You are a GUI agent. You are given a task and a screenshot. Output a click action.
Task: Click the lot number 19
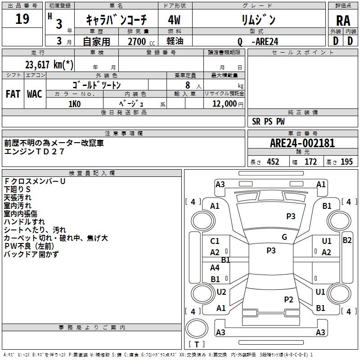(22, 19)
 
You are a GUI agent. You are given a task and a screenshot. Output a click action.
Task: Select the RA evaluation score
(342, 20)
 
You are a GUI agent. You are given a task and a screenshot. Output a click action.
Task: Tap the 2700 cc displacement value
(136, 41)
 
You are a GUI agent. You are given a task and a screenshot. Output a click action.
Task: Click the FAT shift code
(13, 94)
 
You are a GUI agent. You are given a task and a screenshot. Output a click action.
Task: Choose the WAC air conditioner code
(34, 94)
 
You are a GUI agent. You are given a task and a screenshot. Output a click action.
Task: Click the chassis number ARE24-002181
(302, 143)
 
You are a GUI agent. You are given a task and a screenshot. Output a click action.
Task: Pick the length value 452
(273, 162)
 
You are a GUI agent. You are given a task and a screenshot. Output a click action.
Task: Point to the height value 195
(346, 162)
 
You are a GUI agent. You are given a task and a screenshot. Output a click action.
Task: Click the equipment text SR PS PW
(268, 121)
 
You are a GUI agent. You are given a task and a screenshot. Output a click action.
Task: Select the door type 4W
(174, 20)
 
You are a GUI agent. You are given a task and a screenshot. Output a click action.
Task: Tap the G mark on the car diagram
(284, 237)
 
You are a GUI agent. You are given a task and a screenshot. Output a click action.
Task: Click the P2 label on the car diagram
(288, 299)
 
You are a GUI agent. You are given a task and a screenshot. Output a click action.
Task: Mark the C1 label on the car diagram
(215, 241)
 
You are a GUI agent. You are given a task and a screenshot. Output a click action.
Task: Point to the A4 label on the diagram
(215, 268)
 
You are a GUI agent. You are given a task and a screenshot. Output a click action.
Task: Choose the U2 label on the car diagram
(221, 292)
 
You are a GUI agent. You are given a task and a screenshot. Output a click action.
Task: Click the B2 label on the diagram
(347, 240)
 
